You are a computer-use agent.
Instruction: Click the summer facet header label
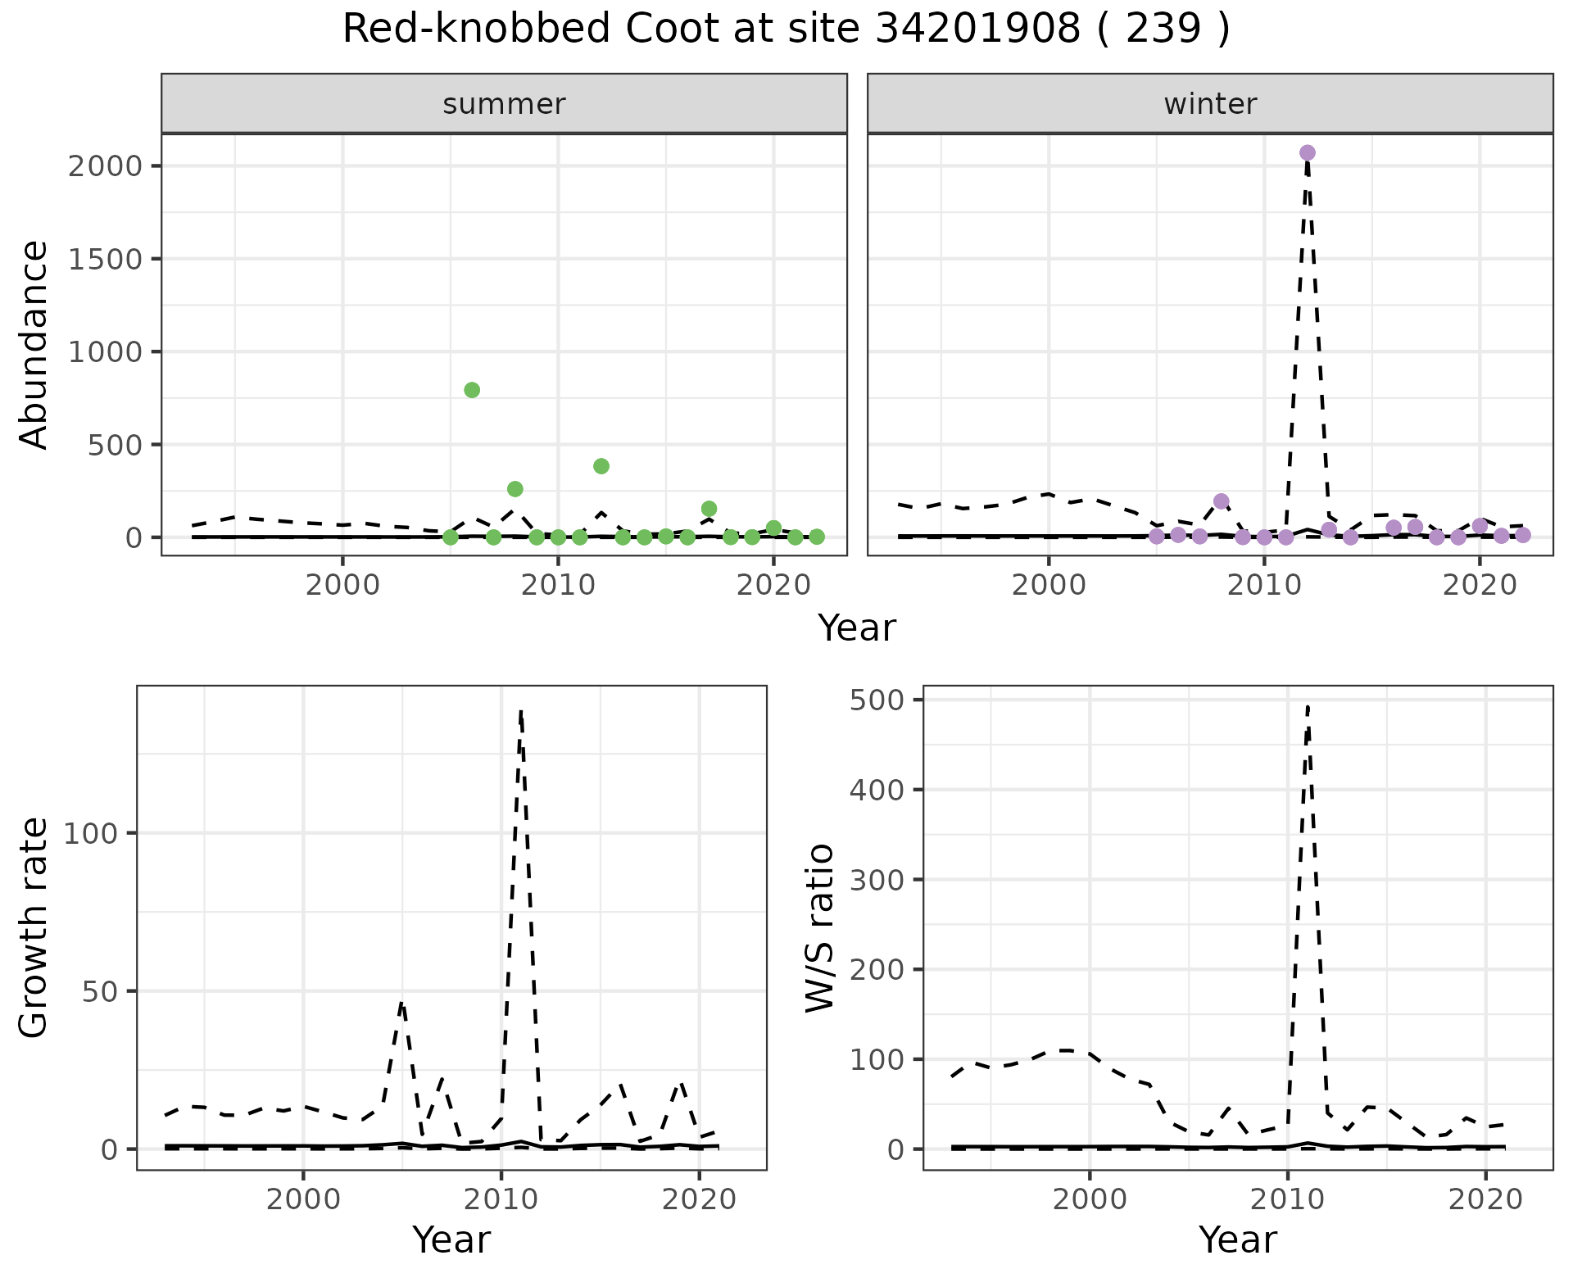coord(504,104)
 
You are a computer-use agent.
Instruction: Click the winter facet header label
coord(1210,104)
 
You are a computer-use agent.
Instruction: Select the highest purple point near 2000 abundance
coord(1307,152)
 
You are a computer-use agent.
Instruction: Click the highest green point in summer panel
coord(472,390)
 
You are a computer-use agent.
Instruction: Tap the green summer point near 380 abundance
coord(601,466)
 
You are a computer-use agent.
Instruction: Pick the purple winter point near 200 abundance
coord(1222,501)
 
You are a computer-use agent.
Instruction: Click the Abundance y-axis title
coord(34,344)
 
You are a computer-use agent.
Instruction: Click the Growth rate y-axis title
coord(34,927)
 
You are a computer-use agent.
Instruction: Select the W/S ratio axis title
coord(819,927)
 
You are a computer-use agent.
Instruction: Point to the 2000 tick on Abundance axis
coord(104,166)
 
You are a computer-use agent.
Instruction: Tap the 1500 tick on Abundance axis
coord(104,259)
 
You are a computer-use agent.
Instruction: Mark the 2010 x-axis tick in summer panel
coord(558,586)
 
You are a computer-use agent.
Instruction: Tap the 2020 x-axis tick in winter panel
coord(1480,586)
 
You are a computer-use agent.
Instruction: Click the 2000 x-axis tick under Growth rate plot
coord(303,1199)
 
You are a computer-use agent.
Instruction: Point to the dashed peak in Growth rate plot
coord(521,711)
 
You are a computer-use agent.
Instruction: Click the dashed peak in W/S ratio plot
coord(1308,706)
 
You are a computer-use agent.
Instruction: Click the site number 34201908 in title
coord(978,29)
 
